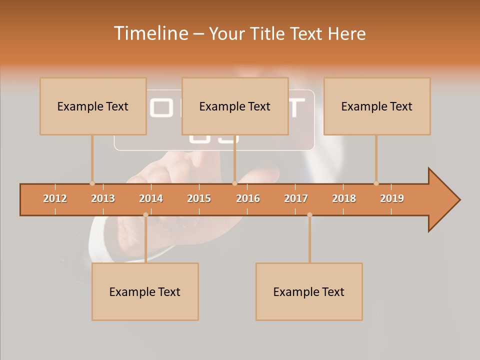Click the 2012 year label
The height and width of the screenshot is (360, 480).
pyautogui.click(x=55, y=198)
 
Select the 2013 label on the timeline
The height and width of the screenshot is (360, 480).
pyautogui.click(x=103, y=198)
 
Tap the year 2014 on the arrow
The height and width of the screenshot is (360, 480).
pyautogui.click(x=151, y=198)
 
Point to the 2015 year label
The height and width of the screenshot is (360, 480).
pyautogui.click(x=199, y=198)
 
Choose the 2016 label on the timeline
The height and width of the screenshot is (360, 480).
pyautogui.click(x=248, y=198)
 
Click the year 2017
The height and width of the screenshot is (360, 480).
pyautogui.click(x=296, y=198)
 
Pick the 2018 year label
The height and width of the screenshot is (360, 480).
pyautogui.click(x=344, y=198)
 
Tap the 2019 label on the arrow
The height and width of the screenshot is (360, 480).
pyautogui.click(x=392, y=198)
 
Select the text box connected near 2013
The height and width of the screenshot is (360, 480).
pyautogui.click(x=93, y=106)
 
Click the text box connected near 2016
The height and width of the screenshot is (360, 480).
pyautogui.click(x=235, y=106)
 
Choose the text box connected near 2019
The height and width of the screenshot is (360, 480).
pyautogui.click(x=377, y=106)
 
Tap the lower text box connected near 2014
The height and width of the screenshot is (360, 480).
pyautogui.click(x=145, y=291)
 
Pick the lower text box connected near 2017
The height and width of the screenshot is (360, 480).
pyautogui.click(x=309, y=291)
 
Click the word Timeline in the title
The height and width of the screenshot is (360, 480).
pyautogui.click(x=150, y=33)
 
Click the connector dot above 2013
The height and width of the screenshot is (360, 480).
pyautogui.click(x=92, y=183)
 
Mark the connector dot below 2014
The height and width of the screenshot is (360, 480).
pyautogui.click(x=145, y=215)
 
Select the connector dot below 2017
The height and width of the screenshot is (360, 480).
pyautogui.click(x=309, y=215)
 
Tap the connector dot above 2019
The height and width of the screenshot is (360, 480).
pyautogui.click(x=376, y=183)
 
